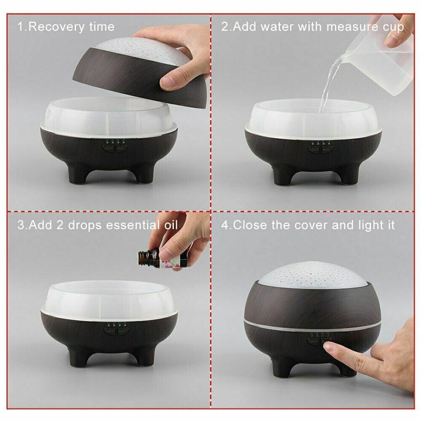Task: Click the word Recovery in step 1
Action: [56, 27]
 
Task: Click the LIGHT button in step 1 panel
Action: [109, 148]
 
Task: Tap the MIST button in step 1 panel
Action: [121, 148]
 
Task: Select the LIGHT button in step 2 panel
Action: [314, 149]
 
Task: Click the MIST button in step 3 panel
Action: [123, 331]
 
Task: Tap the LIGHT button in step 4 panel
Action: [314, 341]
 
